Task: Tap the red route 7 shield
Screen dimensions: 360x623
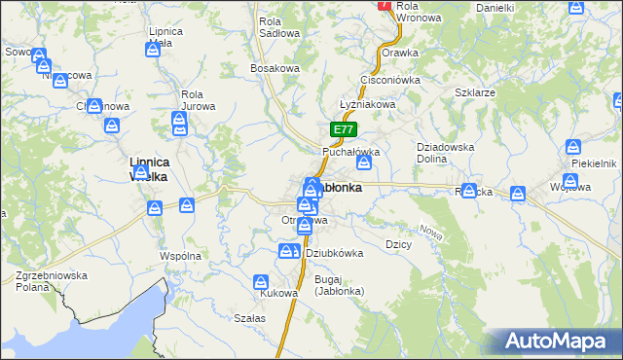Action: (x=385, y=5)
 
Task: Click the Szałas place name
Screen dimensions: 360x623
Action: (x=250, y=318)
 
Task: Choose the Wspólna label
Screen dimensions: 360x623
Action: (x=180, y=256)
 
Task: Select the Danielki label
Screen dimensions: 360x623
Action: (x=495, y=8)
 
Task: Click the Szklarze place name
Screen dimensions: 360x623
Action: (x=475, y=92)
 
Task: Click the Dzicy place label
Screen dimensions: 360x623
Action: (x=399, y=244)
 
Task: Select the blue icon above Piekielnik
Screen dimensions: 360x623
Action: (x=574, y=148)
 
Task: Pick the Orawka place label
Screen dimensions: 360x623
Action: (x=400, y=53)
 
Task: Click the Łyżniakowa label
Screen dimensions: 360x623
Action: (x=365, y=104)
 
